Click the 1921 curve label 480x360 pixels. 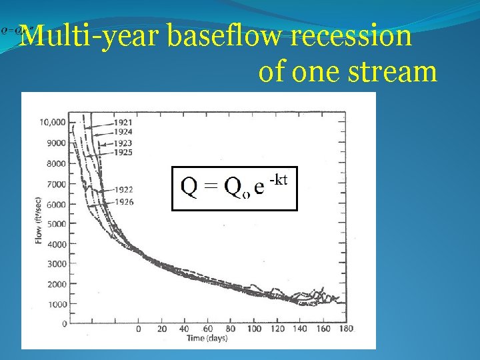coord(123,123)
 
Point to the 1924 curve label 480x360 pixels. coord(123,133)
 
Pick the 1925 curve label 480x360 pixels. coord(123,153)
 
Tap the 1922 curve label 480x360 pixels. coord(123,190)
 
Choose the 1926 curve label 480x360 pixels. coord(123,201)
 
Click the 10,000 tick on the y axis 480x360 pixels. coord(52,122)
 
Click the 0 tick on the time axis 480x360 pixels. coord(138,329)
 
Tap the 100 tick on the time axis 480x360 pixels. coord(255,329)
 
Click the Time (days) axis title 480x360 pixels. coord(207,339)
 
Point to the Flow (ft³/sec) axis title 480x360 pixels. coord(38,219)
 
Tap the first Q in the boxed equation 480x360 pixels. coord(189,188)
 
